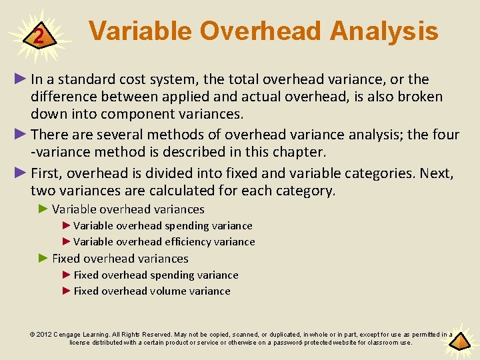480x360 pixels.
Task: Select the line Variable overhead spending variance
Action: [163, 225]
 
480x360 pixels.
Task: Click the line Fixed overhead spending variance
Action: [155, 275]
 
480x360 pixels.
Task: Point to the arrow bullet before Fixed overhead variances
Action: [43, 258]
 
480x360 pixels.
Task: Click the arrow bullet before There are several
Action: [21, 135]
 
